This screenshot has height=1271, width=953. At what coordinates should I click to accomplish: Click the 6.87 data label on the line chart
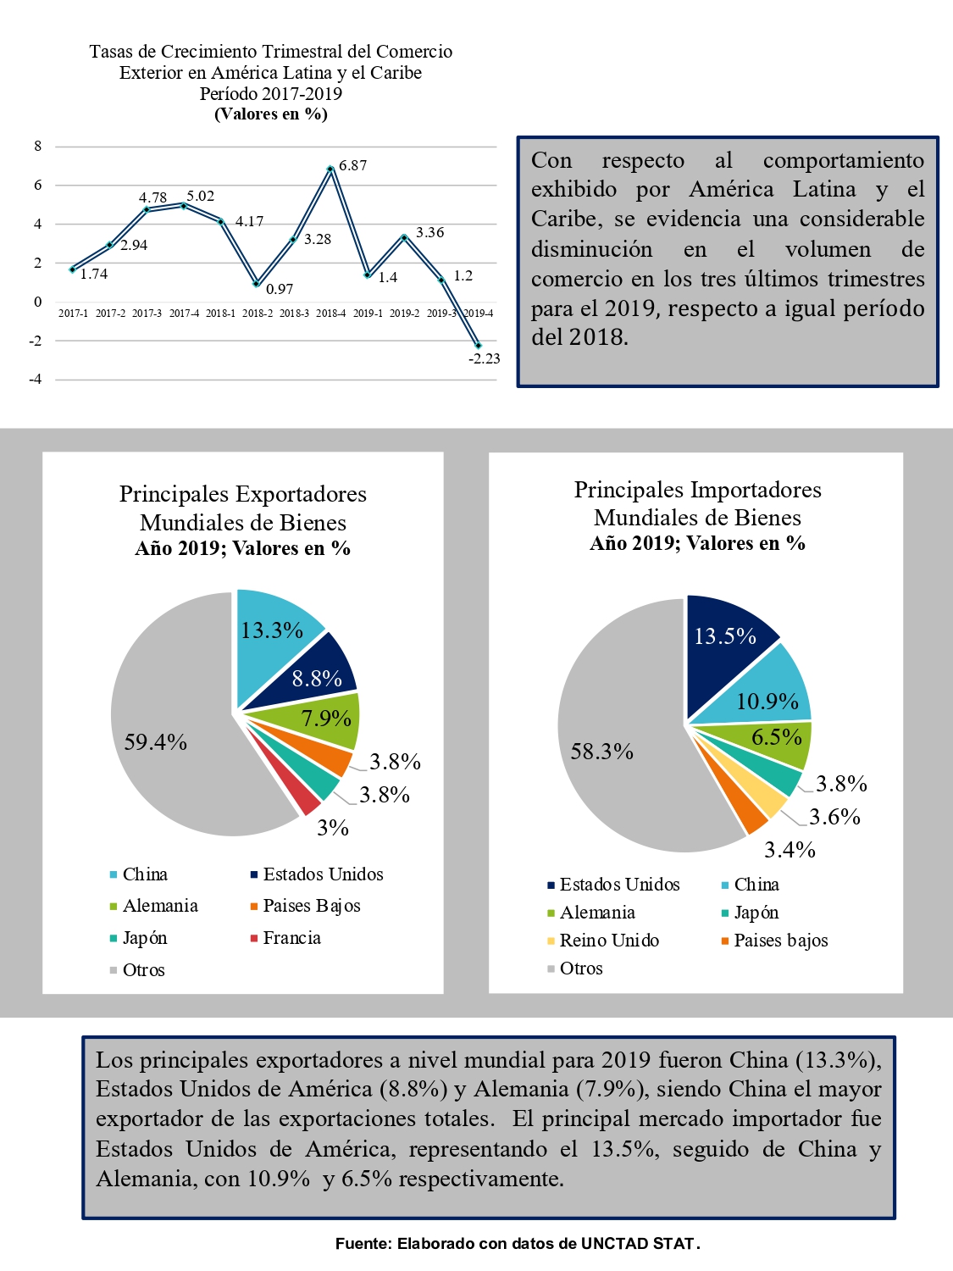pyautogui.click(x=352, y=165)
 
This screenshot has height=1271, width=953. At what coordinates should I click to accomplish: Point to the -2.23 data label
pyautogui.click(x=485, y=359)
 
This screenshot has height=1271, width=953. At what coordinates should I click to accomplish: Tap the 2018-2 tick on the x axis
pyautogui.click(x=257, y=314)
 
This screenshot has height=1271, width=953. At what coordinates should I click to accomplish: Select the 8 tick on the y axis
pyautogui.click(x=37, y=146)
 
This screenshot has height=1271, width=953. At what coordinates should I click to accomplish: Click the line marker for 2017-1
pyautogui.click(x=72, y=269)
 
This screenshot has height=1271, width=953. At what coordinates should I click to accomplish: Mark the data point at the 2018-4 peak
pyautogui.click(x=330, y=169)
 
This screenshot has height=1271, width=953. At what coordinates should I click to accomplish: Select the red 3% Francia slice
pyautogui.click(x=308, y=800)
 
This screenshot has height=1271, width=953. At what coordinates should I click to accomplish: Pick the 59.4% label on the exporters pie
pyautogui.click(x=155, y=742)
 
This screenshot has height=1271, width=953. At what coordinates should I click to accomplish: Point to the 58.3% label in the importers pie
pyautogui.click(x=601, y=752)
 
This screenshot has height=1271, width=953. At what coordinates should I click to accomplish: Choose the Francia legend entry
pyautogui.click(x=285, y=938)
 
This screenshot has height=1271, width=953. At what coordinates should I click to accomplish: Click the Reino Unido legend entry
pyautogui.click(x=603, y=941)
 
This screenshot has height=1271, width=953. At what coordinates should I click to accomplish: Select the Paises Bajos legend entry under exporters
pyautogui.click(x=306, y=906)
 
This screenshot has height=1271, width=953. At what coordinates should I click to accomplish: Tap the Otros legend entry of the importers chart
pyautogui.click(x=574, y=969)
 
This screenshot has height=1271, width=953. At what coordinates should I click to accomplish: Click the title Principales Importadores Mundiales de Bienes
pyautogui.click(x=697, y=503)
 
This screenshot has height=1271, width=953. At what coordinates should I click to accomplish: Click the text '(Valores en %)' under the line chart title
pyautogui.click(x=271, y=114)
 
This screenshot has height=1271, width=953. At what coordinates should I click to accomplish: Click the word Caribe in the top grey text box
pyautogui.click(x=567, y=219)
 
